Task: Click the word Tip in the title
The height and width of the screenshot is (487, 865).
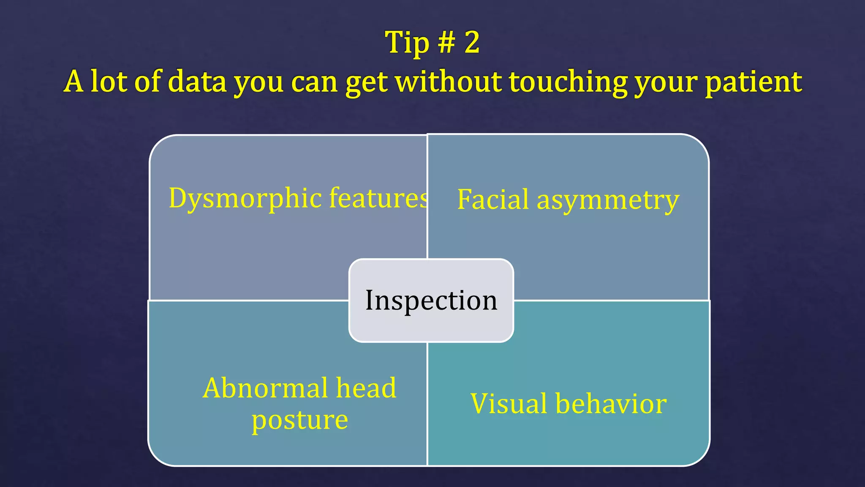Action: (406, 43)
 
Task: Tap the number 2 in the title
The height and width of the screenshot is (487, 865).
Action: (472, 42)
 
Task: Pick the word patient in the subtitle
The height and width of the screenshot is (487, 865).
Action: (753, 82)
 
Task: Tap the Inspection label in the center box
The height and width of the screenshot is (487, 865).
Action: (431, 301)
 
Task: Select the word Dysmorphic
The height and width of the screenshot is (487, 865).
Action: (245, 198)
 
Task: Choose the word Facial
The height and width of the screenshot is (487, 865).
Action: (492, 200)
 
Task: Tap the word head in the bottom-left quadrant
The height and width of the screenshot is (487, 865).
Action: (366, 388)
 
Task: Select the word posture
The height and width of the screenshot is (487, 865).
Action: (299, 420)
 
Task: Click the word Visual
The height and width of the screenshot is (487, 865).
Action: (509, 404)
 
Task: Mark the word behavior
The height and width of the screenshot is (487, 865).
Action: (611, 404)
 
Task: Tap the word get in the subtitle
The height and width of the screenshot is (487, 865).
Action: (366, 82)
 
